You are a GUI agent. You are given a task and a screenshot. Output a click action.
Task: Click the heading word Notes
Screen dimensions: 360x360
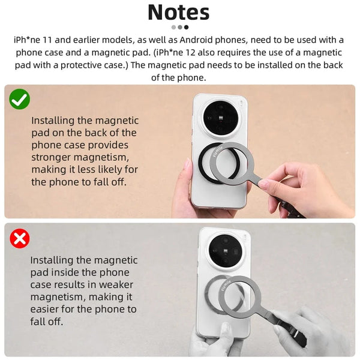178,12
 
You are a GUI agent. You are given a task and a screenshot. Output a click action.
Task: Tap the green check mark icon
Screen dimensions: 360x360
20,99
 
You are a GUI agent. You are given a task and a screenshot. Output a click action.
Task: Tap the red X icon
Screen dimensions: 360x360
20,239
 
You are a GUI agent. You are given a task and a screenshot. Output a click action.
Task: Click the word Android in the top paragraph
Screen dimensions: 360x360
199,40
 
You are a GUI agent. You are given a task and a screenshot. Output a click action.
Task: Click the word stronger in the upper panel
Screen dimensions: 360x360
52,157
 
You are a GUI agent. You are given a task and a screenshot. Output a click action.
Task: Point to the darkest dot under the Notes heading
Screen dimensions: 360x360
186,27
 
